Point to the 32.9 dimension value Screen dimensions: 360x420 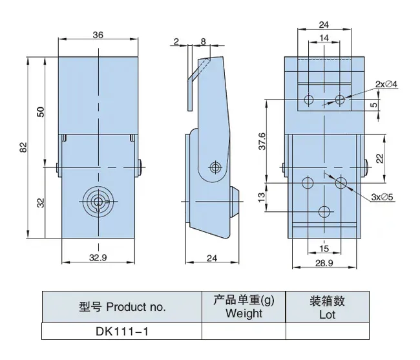(x=98, y=257)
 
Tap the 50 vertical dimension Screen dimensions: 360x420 (x=40, y=111)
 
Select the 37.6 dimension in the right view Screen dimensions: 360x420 (x=262, y=142)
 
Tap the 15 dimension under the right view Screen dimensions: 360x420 (x=325, y=248)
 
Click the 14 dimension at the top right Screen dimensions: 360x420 (x=324, y=39)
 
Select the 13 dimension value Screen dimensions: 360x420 (x=262, y=196)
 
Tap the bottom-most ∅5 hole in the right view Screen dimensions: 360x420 (x=325, y=211)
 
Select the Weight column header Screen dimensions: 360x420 (x=244, y=307)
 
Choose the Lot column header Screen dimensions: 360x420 (x=327, y=307)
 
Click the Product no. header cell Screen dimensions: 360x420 (x=121, y=306)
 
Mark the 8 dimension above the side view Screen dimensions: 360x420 (x=204, y=43)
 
